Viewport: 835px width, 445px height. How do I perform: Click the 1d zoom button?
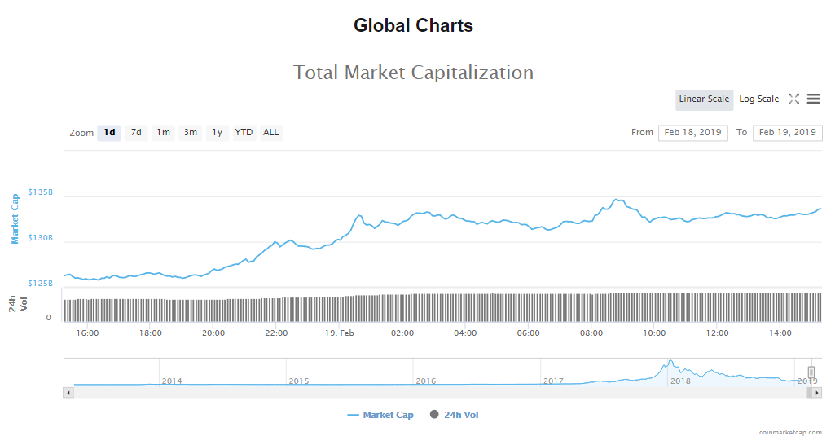click(109, 133)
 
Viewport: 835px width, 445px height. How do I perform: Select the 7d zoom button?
click(136, 133)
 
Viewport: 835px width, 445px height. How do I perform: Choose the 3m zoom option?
click(190, 133)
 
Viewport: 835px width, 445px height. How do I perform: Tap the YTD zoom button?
click(244, 133)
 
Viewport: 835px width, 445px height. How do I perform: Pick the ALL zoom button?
click(271, 133)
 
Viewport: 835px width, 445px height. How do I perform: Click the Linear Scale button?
click(704, 99)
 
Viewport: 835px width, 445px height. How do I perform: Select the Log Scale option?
click(758, 99)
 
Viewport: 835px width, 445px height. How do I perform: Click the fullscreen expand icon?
click(793, 99)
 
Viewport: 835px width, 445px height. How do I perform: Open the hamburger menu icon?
click(813, 99)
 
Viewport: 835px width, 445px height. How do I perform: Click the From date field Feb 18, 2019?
click(692, 133)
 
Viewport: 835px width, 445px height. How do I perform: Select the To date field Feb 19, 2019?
click(787, 133)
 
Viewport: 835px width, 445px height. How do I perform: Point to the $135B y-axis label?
click(40, 192)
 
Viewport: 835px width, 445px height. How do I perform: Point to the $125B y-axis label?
click(40, 284)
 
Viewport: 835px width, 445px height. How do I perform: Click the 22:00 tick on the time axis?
click(276, 333)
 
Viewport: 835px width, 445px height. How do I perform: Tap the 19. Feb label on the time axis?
click(339, 333)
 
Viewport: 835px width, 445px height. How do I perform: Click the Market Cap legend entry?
click(380, 416)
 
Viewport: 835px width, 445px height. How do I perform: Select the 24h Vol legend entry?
click(454, 416)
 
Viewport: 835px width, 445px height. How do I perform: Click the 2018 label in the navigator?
click(679, 381)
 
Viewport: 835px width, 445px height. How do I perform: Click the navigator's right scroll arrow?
click(817, 393)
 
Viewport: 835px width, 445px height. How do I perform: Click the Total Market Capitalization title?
click(413, 73)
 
